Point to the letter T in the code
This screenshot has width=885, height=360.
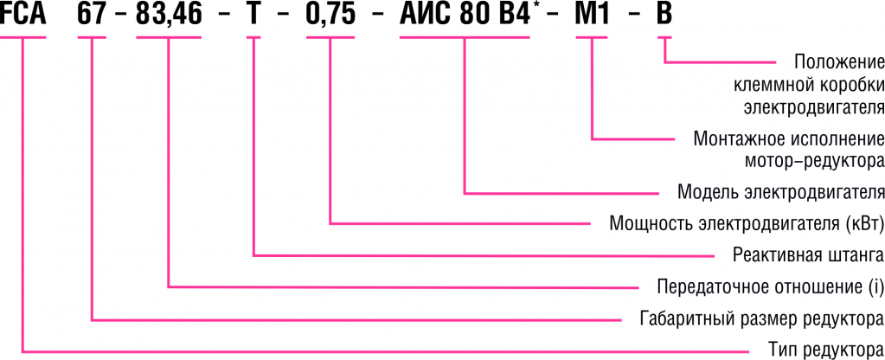click(x=253, y=17)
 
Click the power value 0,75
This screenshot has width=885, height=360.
click(x=331, y=17)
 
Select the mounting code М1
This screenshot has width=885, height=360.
click(x=592, y=17)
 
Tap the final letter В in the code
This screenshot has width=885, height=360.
click(x=664, y=17)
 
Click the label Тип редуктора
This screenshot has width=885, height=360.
click(x=826, y=350)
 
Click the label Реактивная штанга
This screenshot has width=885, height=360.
click(x=807, y=254)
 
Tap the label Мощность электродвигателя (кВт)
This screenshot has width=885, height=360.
click(x=747, y=222)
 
